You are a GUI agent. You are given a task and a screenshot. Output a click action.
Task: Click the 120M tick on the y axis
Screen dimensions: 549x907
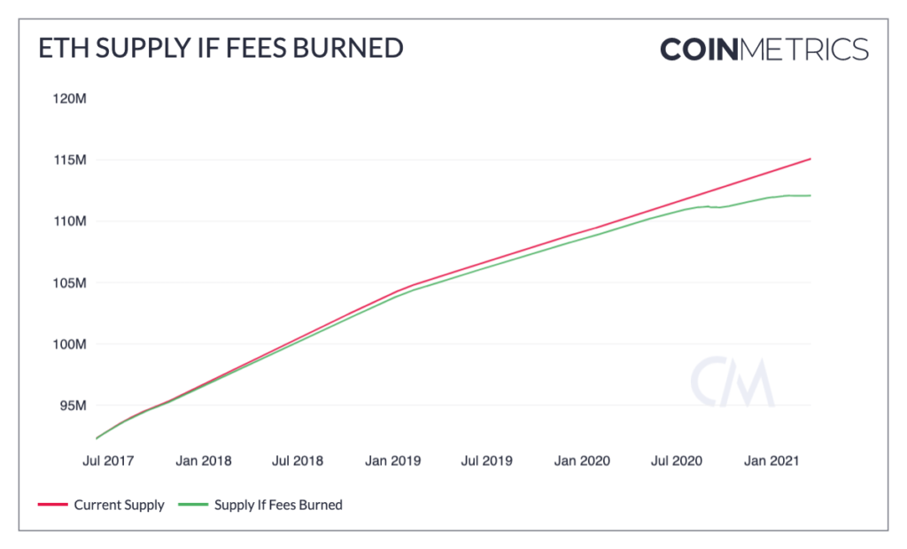tap(68, 98)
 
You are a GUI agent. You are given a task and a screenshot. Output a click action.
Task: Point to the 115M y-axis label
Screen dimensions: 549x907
tap(68, 160)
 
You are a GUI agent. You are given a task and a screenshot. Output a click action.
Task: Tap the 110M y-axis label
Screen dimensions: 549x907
tap(68, 220)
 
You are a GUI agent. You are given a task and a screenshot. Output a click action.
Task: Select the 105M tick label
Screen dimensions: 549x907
tap(68, 283)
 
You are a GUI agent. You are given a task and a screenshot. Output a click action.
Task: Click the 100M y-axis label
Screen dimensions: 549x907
tap(68, 344)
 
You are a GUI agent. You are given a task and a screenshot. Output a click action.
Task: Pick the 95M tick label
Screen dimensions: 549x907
tap(72, 406)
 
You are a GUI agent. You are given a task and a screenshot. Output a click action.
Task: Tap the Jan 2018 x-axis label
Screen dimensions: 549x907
tap(205, 461)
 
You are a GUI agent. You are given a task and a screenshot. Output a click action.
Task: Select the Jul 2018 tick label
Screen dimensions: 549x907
tap(298, 461)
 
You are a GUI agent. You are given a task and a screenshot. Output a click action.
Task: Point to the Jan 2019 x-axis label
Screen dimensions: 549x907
tap(393, 461)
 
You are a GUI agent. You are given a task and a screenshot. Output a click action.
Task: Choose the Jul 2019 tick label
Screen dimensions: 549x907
tap(486, 461)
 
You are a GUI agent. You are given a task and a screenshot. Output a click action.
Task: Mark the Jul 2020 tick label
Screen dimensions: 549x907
tap(676, 461)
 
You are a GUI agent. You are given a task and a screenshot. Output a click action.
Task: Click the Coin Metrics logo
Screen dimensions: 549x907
tap(764, 49)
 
